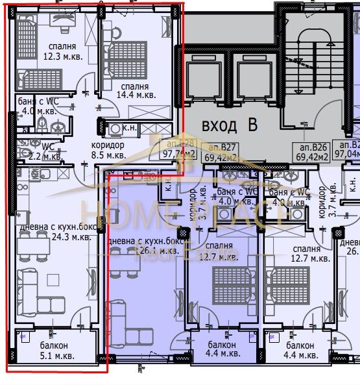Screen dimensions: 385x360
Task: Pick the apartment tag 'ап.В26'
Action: click(x=310, y=147)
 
